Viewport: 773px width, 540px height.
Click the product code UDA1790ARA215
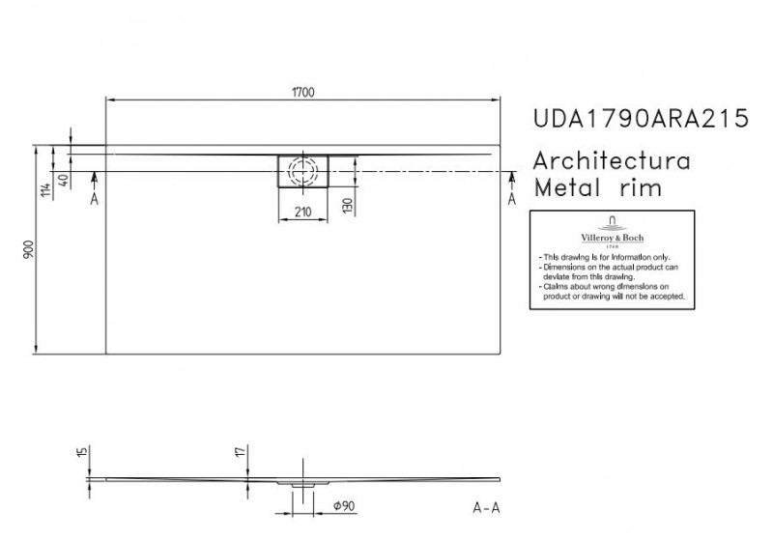coord(641,119)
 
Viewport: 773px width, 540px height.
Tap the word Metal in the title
coord(573,187)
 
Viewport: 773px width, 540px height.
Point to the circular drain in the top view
coord(303,171)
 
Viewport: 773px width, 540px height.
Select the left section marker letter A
coord(94,199)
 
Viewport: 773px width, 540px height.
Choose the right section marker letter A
coord(512,198)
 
